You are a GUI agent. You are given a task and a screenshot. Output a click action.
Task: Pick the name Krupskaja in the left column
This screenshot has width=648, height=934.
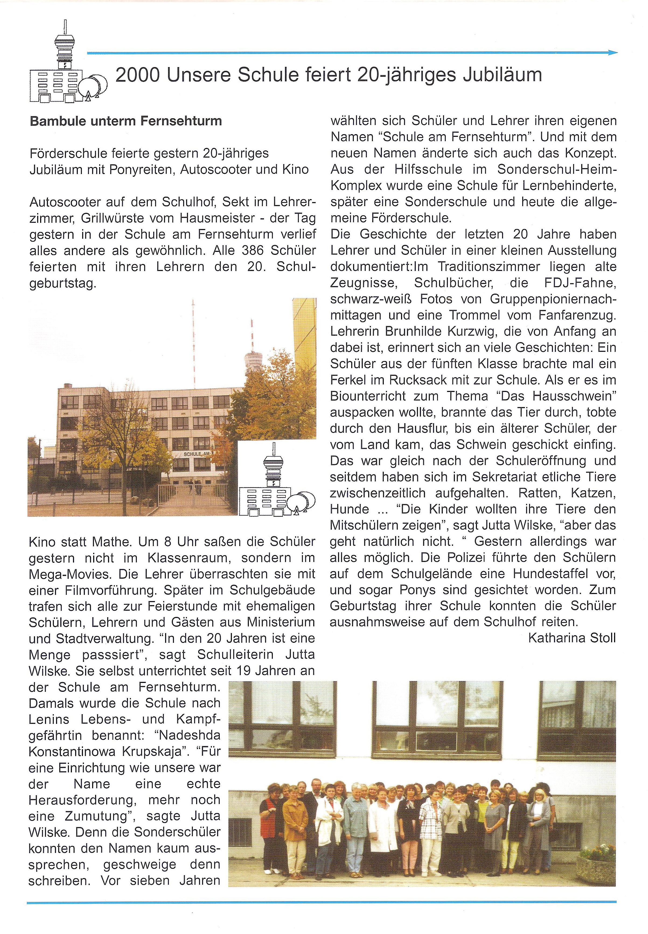tap(154, 751)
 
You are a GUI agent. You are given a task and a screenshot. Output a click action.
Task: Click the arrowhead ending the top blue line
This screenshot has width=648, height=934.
tap(613, 52)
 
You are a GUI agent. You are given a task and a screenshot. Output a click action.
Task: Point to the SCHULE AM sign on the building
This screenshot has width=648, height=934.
tap(196, 454)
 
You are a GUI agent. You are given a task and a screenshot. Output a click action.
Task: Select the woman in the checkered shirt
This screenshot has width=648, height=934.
tap(431, 828)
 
